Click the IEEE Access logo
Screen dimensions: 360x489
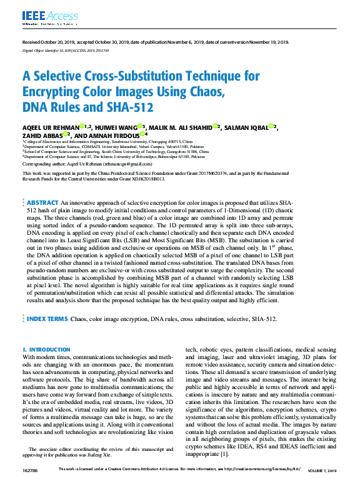coord(41,16)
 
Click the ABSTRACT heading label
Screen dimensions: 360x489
coord(42,203)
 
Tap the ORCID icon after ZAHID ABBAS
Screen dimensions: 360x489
coord(66,134)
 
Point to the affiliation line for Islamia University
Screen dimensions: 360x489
coord(106,156)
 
